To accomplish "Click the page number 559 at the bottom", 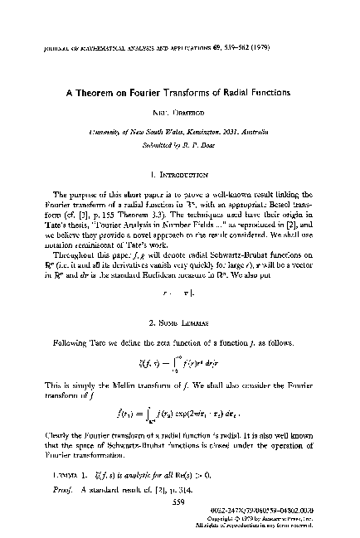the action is (180, 503).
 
